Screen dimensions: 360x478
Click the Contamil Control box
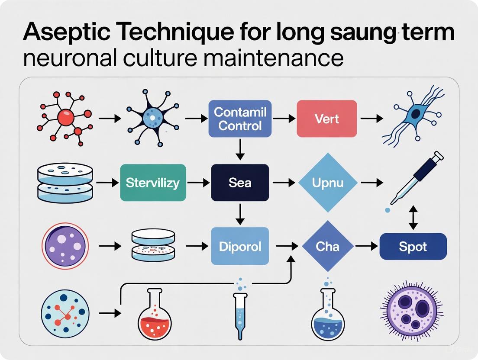click(x=240, y=119)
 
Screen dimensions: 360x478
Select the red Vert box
click(x=326, y=119)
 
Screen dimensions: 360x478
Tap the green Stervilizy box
click(x=152, y=183)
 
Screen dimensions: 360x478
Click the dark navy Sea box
click(x=240, y=183)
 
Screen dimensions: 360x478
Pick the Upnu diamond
click(x=328, y=183)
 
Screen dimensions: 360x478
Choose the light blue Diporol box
click(x=240, y=247)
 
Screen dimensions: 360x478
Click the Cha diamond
click(x=327, y=247)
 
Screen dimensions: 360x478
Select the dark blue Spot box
click(x=413, y=247)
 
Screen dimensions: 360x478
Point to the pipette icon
click(x=416, y=177)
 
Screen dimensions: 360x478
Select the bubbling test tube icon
click(x=239, y=309)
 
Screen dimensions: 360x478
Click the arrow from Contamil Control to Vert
click(x=284, y=118)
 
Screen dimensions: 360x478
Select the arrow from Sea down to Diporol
click(x=240, y=213)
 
